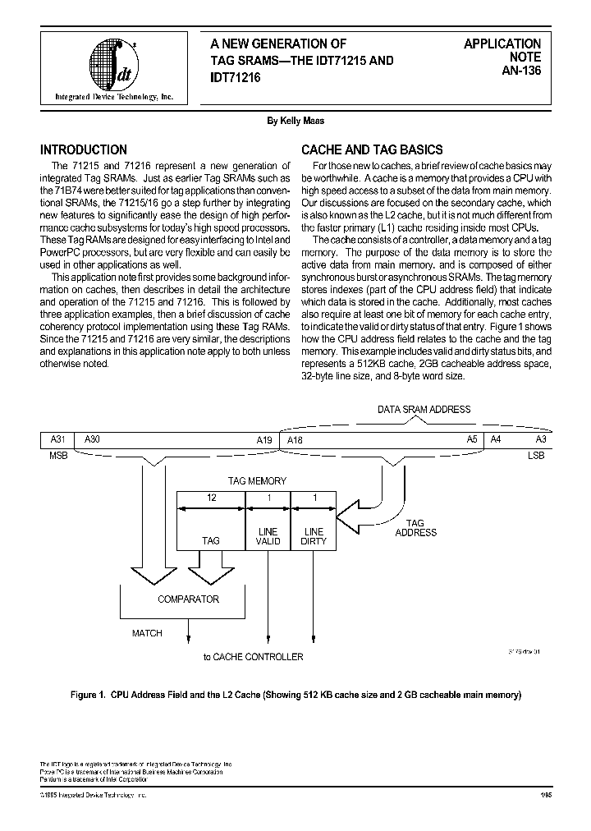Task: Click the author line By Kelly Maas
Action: (295, 121)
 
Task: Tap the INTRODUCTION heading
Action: (84, 150)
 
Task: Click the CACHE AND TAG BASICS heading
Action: (372, 150)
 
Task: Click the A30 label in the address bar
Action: (92, 440)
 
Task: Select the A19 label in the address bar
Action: (263, 440)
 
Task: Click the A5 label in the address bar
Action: (472, 440)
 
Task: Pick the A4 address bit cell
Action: (495, 440)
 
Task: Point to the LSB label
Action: (535, 455)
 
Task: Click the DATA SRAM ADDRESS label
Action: (424, 409)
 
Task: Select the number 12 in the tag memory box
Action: (211, 498)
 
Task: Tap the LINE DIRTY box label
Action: (314, 536)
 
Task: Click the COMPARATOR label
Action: (188, 599)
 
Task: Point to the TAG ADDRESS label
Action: (415, 528)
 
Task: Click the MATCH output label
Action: (148, 633)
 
